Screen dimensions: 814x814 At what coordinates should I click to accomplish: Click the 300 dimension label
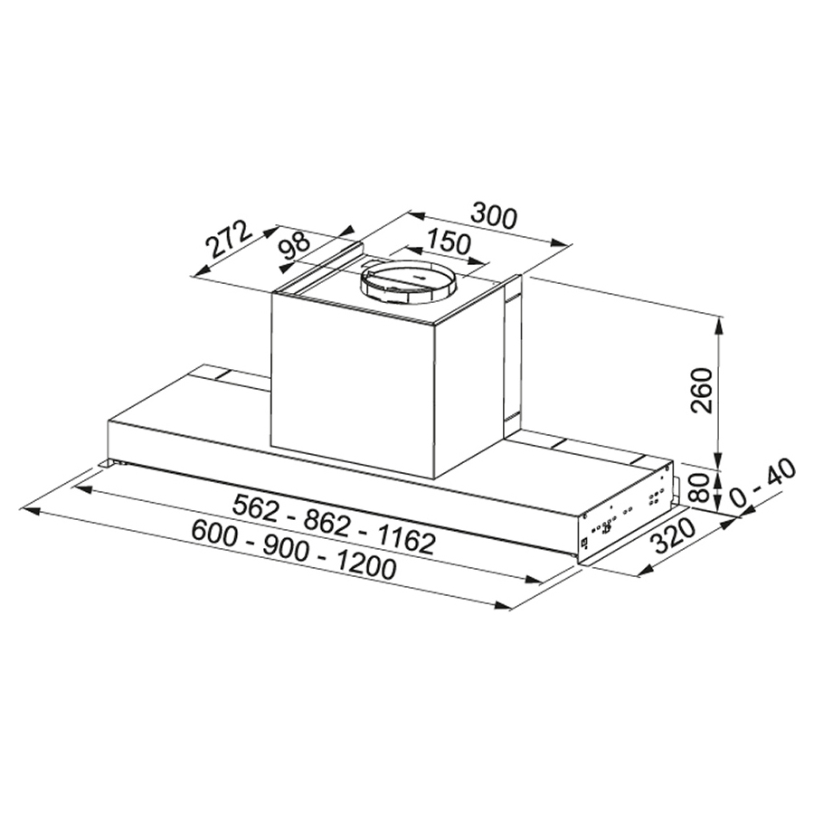pyautogui.click(x=494, y=217)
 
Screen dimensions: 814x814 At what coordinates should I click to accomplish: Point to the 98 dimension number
pyautogui.click(x=295, y=244)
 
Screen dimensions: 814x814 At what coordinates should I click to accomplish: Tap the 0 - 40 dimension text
pyautogui.click(x=763, y=483)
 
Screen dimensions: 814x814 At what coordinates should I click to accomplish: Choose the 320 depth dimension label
pyautogui.click(x=673, y=536)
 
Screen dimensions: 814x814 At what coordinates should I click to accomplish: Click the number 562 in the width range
pyautogui.click(x=258, y=506)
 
